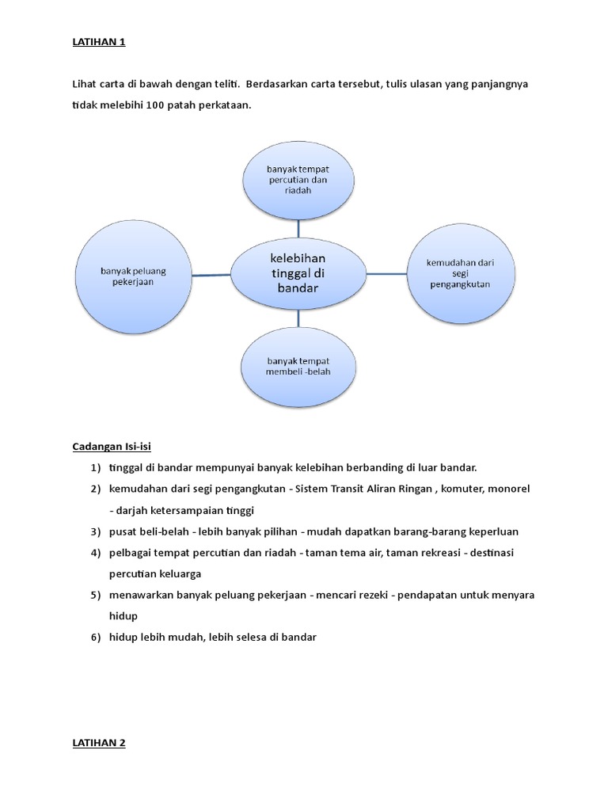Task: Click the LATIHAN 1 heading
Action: click(x=99, y=43)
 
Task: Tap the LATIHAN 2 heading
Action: click(x=99, y=743)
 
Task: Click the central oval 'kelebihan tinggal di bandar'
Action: click(x=298, y=273)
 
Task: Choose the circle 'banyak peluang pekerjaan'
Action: click(x=133, y=275)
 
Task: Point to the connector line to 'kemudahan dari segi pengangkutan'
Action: click(x=386, y=275)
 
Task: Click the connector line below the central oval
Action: click(x=298, y=318)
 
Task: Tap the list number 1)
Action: click(x=96, y=467)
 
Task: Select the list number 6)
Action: click(x=96, y=637)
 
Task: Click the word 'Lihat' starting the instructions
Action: click(x=85, y=84)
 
